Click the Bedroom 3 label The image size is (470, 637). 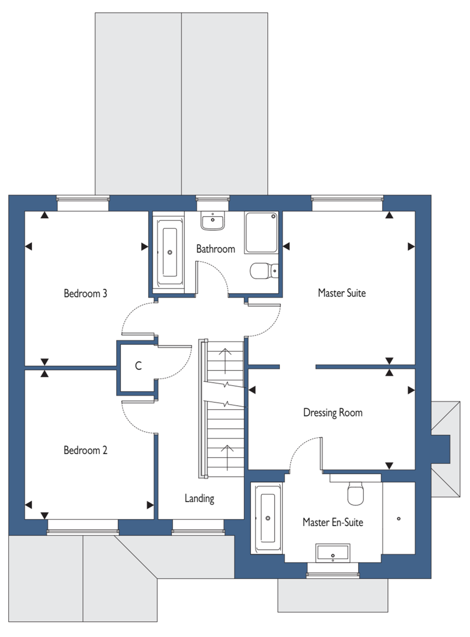point(85,293)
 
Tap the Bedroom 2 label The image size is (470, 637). point(85,450)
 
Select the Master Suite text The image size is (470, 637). point(342,293)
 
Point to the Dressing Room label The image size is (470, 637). point(333,412)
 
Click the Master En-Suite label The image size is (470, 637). point(333,522)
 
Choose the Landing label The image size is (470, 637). point(199,498)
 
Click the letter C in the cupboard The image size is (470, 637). point(139,366)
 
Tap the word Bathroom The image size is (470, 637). point(216,249)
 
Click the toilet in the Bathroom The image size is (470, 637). point(264,271)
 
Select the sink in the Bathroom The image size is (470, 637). point(213,221)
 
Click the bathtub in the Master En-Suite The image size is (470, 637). point(268,518)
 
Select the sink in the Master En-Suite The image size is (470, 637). point(332,553)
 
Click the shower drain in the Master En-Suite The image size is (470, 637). point(399,519)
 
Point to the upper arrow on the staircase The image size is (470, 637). point(225,361)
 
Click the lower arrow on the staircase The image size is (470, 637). point(227,458)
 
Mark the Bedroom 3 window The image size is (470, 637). point(83,203)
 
